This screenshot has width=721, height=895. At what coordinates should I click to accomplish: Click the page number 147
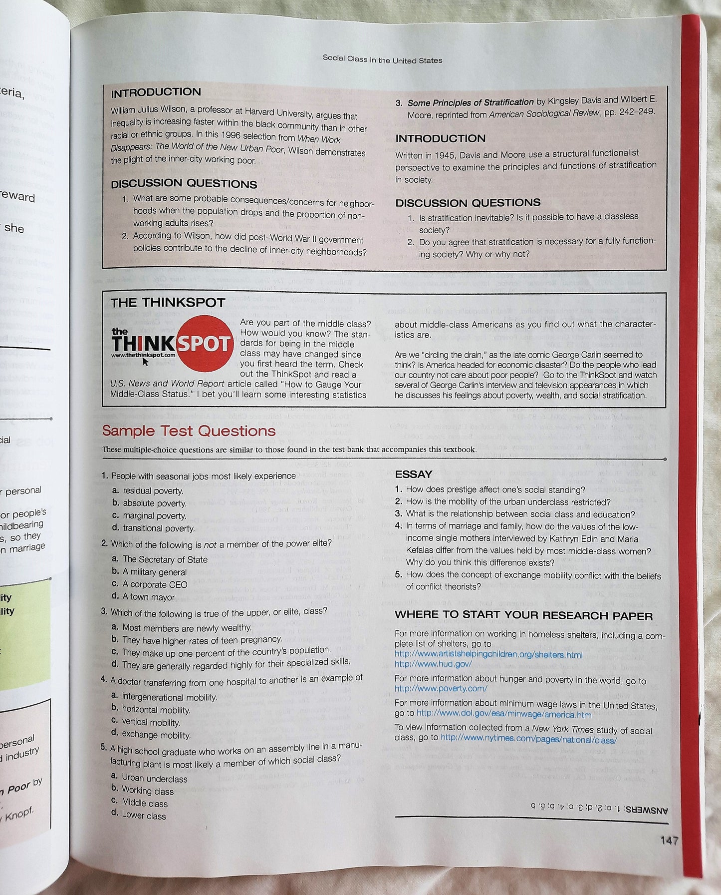click(x=669, y=841)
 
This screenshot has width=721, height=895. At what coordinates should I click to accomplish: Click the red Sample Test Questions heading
click(x=189, y=431)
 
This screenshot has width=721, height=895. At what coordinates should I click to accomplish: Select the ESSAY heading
click(x=413, y=474)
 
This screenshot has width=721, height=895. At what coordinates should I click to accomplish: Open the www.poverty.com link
click(x=441, y=689)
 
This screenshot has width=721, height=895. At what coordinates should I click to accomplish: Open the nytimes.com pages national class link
click(x=528, y=740)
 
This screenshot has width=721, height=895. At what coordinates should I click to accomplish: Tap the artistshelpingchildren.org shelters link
click(x=488, y=654)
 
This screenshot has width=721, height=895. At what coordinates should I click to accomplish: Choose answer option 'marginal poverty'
click(x=154, y=516)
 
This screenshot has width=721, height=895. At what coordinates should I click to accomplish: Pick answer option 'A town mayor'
click(x=149, y=597)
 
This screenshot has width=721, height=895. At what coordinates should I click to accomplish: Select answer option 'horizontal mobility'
click(x=156, y=710)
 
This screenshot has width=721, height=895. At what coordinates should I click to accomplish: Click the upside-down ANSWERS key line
click(x=599, y=806)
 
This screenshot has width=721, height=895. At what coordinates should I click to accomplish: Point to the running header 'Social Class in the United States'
click(x=382, y=59)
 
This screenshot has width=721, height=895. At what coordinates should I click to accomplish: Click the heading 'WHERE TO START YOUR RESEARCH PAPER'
click(x=523, y=616)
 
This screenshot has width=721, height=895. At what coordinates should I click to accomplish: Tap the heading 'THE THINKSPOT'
click(x=168, y=303)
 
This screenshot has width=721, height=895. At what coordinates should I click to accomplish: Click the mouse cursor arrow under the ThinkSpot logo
click(x=146, y=362)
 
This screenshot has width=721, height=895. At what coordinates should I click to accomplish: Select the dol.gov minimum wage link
click(x=503, y=714)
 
